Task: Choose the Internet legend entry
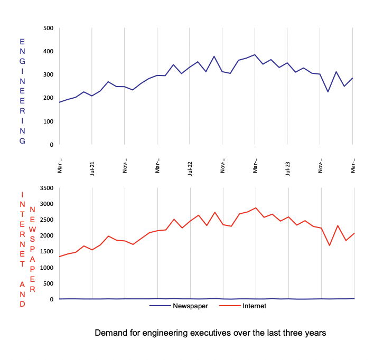pyautogui.click(x=254, y=306)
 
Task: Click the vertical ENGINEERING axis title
pyautogui.click(x=22, y=91)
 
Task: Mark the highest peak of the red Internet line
pyautogui.click(x=256, y=207)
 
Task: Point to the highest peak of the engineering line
pyautogui.click(x=255, y=54)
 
